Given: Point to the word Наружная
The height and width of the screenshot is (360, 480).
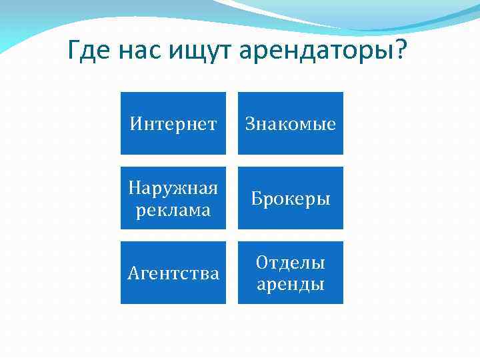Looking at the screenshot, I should point(173,189).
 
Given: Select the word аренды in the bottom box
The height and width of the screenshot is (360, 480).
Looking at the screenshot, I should point(291,285).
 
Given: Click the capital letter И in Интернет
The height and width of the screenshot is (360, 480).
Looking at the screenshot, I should point(135,124).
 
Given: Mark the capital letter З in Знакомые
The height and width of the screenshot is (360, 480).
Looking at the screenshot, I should point(250,124).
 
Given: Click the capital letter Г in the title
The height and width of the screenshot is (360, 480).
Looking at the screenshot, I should point(75,50).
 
